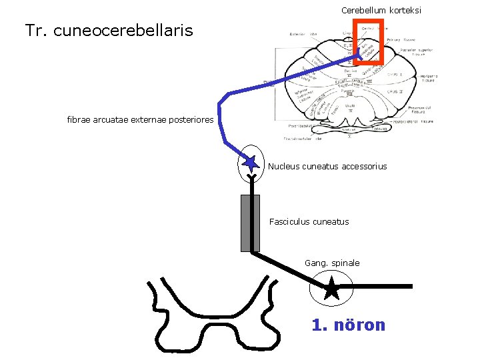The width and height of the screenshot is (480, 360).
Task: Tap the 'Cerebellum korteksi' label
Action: coord(381,11)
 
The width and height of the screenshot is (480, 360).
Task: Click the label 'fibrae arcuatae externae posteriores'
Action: coord(140,120)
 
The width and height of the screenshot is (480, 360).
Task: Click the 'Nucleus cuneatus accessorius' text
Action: coord(327,166)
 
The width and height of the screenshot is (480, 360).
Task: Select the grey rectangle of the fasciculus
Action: coord(250,223)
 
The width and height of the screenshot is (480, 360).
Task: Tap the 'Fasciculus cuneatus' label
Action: coord(309,221)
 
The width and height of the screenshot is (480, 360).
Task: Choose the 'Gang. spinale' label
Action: coord(332,263)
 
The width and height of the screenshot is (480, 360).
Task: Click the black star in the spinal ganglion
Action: coord(331,288)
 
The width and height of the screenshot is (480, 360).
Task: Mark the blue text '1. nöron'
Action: coord(348,325)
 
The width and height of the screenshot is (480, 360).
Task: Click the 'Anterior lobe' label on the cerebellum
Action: coord(303,35)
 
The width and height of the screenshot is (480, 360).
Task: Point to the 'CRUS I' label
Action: coord(395,75)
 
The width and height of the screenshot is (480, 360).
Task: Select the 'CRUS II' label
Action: coord(395,91)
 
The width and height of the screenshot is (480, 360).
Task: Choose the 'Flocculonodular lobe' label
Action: coord(303,139)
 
